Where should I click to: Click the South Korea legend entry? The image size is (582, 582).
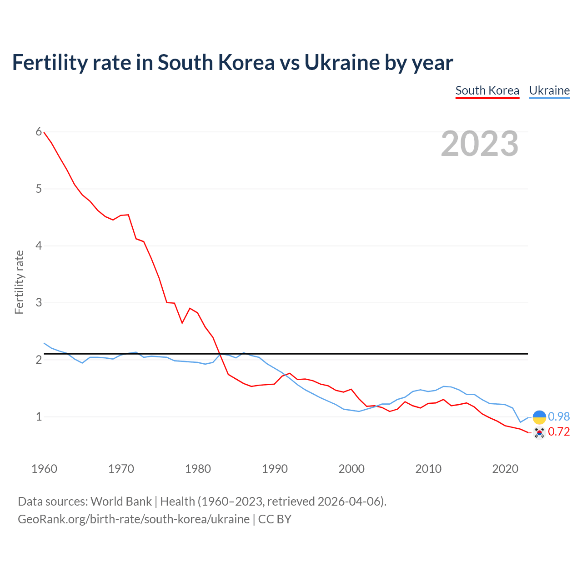(x=487, y=90)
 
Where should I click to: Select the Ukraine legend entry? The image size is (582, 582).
(x=549, y=90)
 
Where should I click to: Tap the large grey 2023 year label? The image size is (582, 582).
(x=479, y=144)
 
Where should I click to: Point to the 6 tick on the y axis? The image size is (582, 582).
(x=39, y=132)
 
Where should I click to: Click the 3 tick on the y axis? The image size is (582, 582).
(x=39, y=302)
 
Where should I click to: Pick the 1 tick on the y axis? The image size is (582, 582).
(x=39, y=416)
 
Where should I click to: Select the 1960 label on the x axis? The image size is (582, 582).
(x=44, y=469)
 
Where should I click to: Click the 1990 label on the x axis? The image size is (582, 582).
(x=275, y=469)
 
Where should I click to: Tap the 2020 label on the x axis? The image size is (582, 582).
(x=505, y=469)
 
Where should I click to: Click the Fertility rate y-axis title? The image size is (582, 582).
(x=19, y=282)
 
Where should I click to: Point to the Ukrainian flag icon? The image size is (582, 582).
(x=539, y=417)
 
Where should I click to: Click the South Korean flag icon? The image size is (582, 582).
(x=539, y=432)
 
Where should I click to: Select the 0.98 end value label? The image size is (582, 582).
(x=559, y=416)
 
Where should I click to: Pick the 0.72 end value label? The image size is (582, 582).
(x=559, y=431)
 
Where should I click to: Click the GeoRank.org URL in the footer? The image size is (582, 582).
(x=134, y=519)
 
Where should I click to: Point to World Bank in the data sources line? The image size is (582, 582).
(x=121, y=502)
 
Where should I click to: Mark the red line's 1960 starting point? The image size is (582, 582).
(x=44, y=132)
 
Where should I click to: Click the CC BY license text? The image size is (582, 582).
(x=275, y=519)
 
